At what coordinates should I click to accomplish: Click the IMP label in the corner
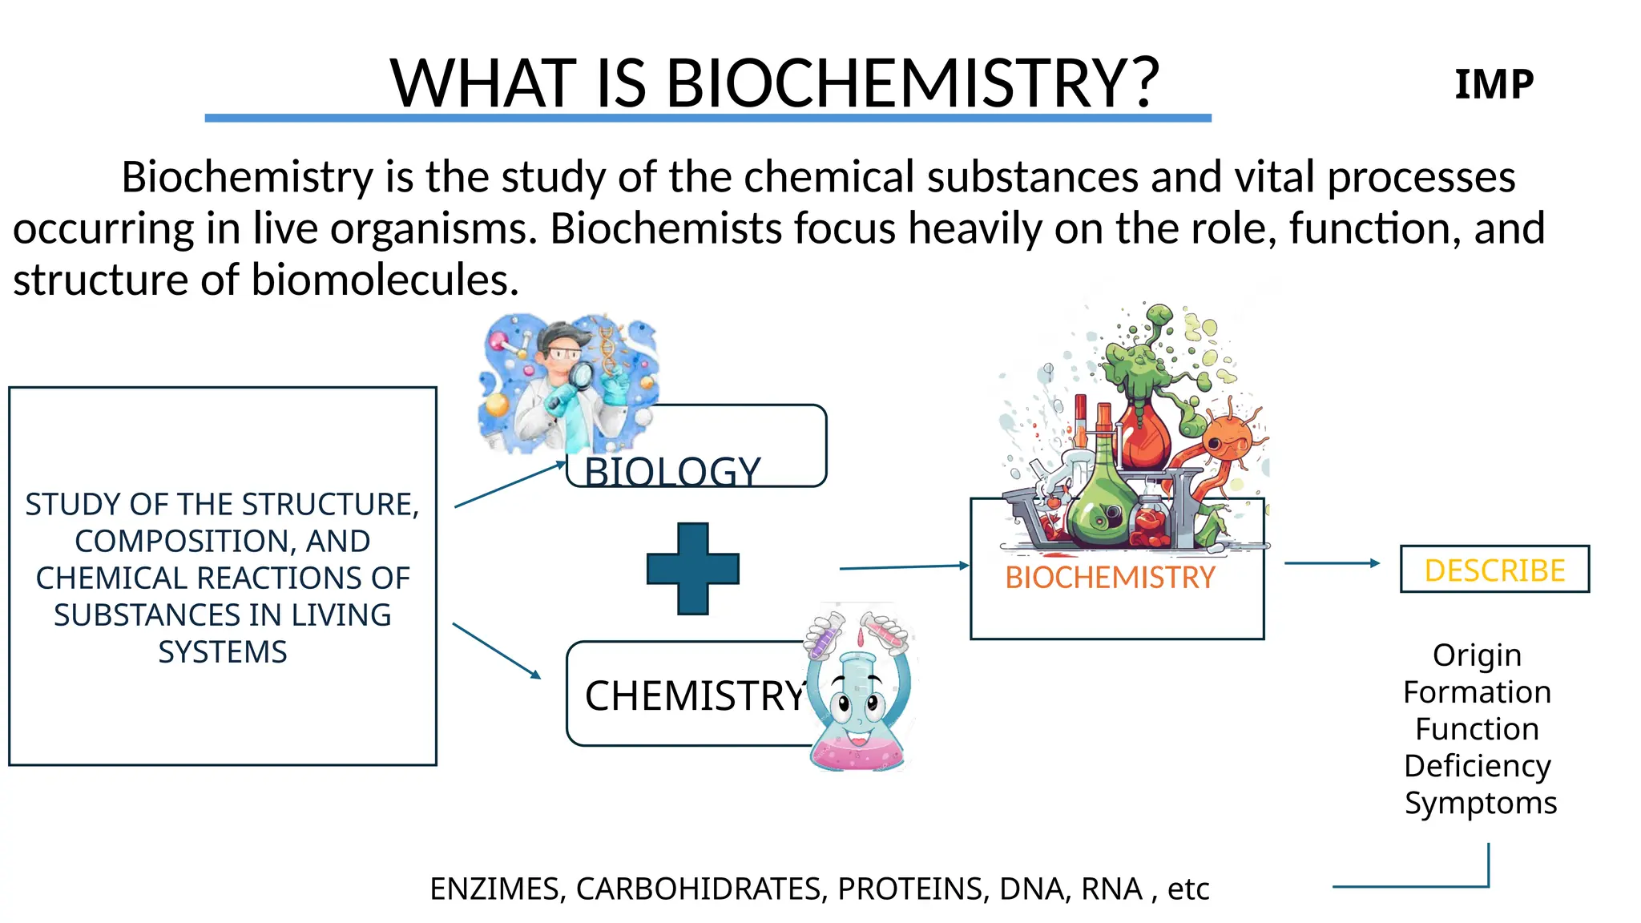[x=1494, y=84]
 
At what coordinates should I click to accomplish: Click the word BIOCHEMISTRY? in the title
[x=912, y=83]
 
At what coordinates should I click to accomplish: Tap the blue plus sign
[x=692, y=569]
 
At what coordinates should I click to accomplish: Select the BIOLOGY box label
[x=672, y=471]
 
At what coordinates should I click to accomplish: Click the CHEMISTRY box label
[x=695, y=695]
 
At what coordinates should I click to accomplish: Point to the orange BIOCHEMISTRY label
[x=1110, y=578]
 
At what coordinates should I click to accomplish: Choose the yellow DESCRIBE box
[x=1494, y=570]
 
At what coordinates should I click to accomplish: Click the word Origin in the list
[x=1477, y=655]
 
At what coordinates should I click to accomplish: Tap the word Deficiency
[x=1477, y=766]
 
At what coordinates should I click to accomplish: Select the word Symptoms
[x=1480, y=803]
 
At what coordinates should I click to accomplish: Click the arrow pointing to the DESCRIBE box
[x=1332, y=563]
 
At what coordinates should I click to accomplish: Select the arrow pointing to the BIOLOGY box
[x=510, y=485]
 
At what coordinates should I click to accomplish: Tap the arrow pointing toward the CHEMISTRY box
[x=497, y=651]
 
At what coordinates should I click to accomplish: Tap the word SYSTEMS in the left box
[x=222, y=652]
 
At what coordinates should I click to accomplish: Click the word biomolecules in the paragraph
[x=385, y=280]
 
